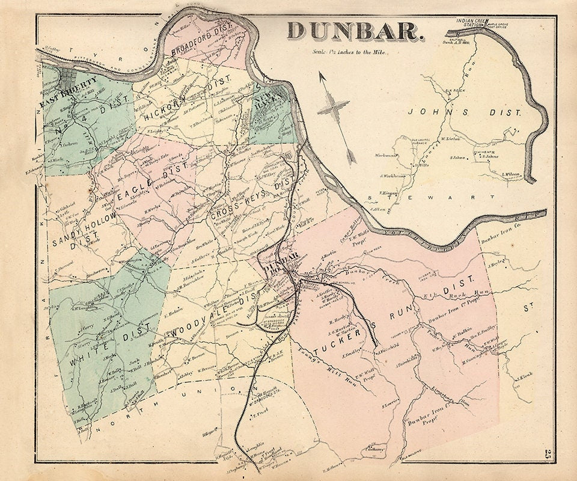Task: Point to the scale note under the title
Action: click(x=349, y=52)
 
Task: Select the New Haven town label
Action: click(x=265, y=103)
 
